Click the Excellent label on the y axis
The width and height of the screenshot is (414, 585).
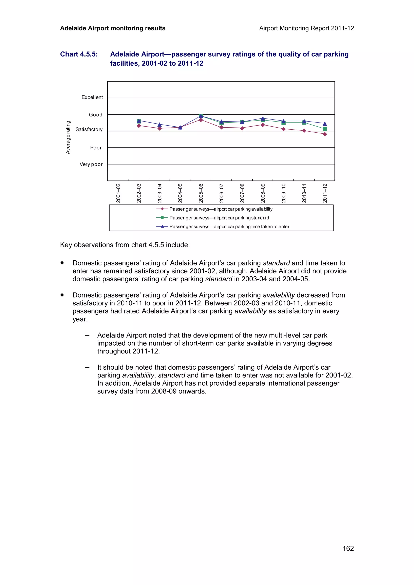click(92, 97)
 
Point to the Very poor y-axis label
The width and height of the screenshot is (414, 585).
click(91, 164)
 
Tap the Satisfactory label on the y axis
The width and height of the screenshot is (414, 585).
click(89, 129)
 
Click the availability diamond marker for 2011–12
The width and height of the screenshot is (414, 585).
click(325, 134)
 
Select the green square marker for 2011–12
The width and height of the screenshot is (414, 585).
click(325, 129)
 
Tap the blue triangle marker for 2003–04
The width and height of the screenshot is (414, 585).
click(160, 125)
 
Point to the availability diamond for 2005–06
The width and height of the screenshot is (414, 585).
click(201, 120)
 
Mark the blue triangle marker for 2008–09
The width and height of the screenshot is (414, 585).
click(263, 118)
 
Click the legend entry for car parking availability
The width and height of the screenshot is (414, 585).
click(221, 209)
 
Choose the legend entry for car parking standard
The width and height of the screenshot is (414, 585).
click(219, 218)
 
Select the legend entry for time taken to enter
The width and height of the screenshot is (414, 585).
click(229, 226)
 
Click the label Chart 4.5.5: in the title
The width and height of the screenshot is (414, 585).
click(79, 54)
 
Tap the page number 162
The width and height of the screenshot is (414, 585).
click(348, 548)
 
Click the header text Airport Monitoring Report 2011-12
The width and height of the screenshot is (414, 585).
click(306, 28)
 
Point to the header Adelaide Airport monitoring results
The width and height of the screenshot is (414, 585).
click(113, 28)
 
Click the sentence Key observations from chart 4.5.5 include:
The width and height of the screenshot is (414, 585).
click(125, 245)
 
